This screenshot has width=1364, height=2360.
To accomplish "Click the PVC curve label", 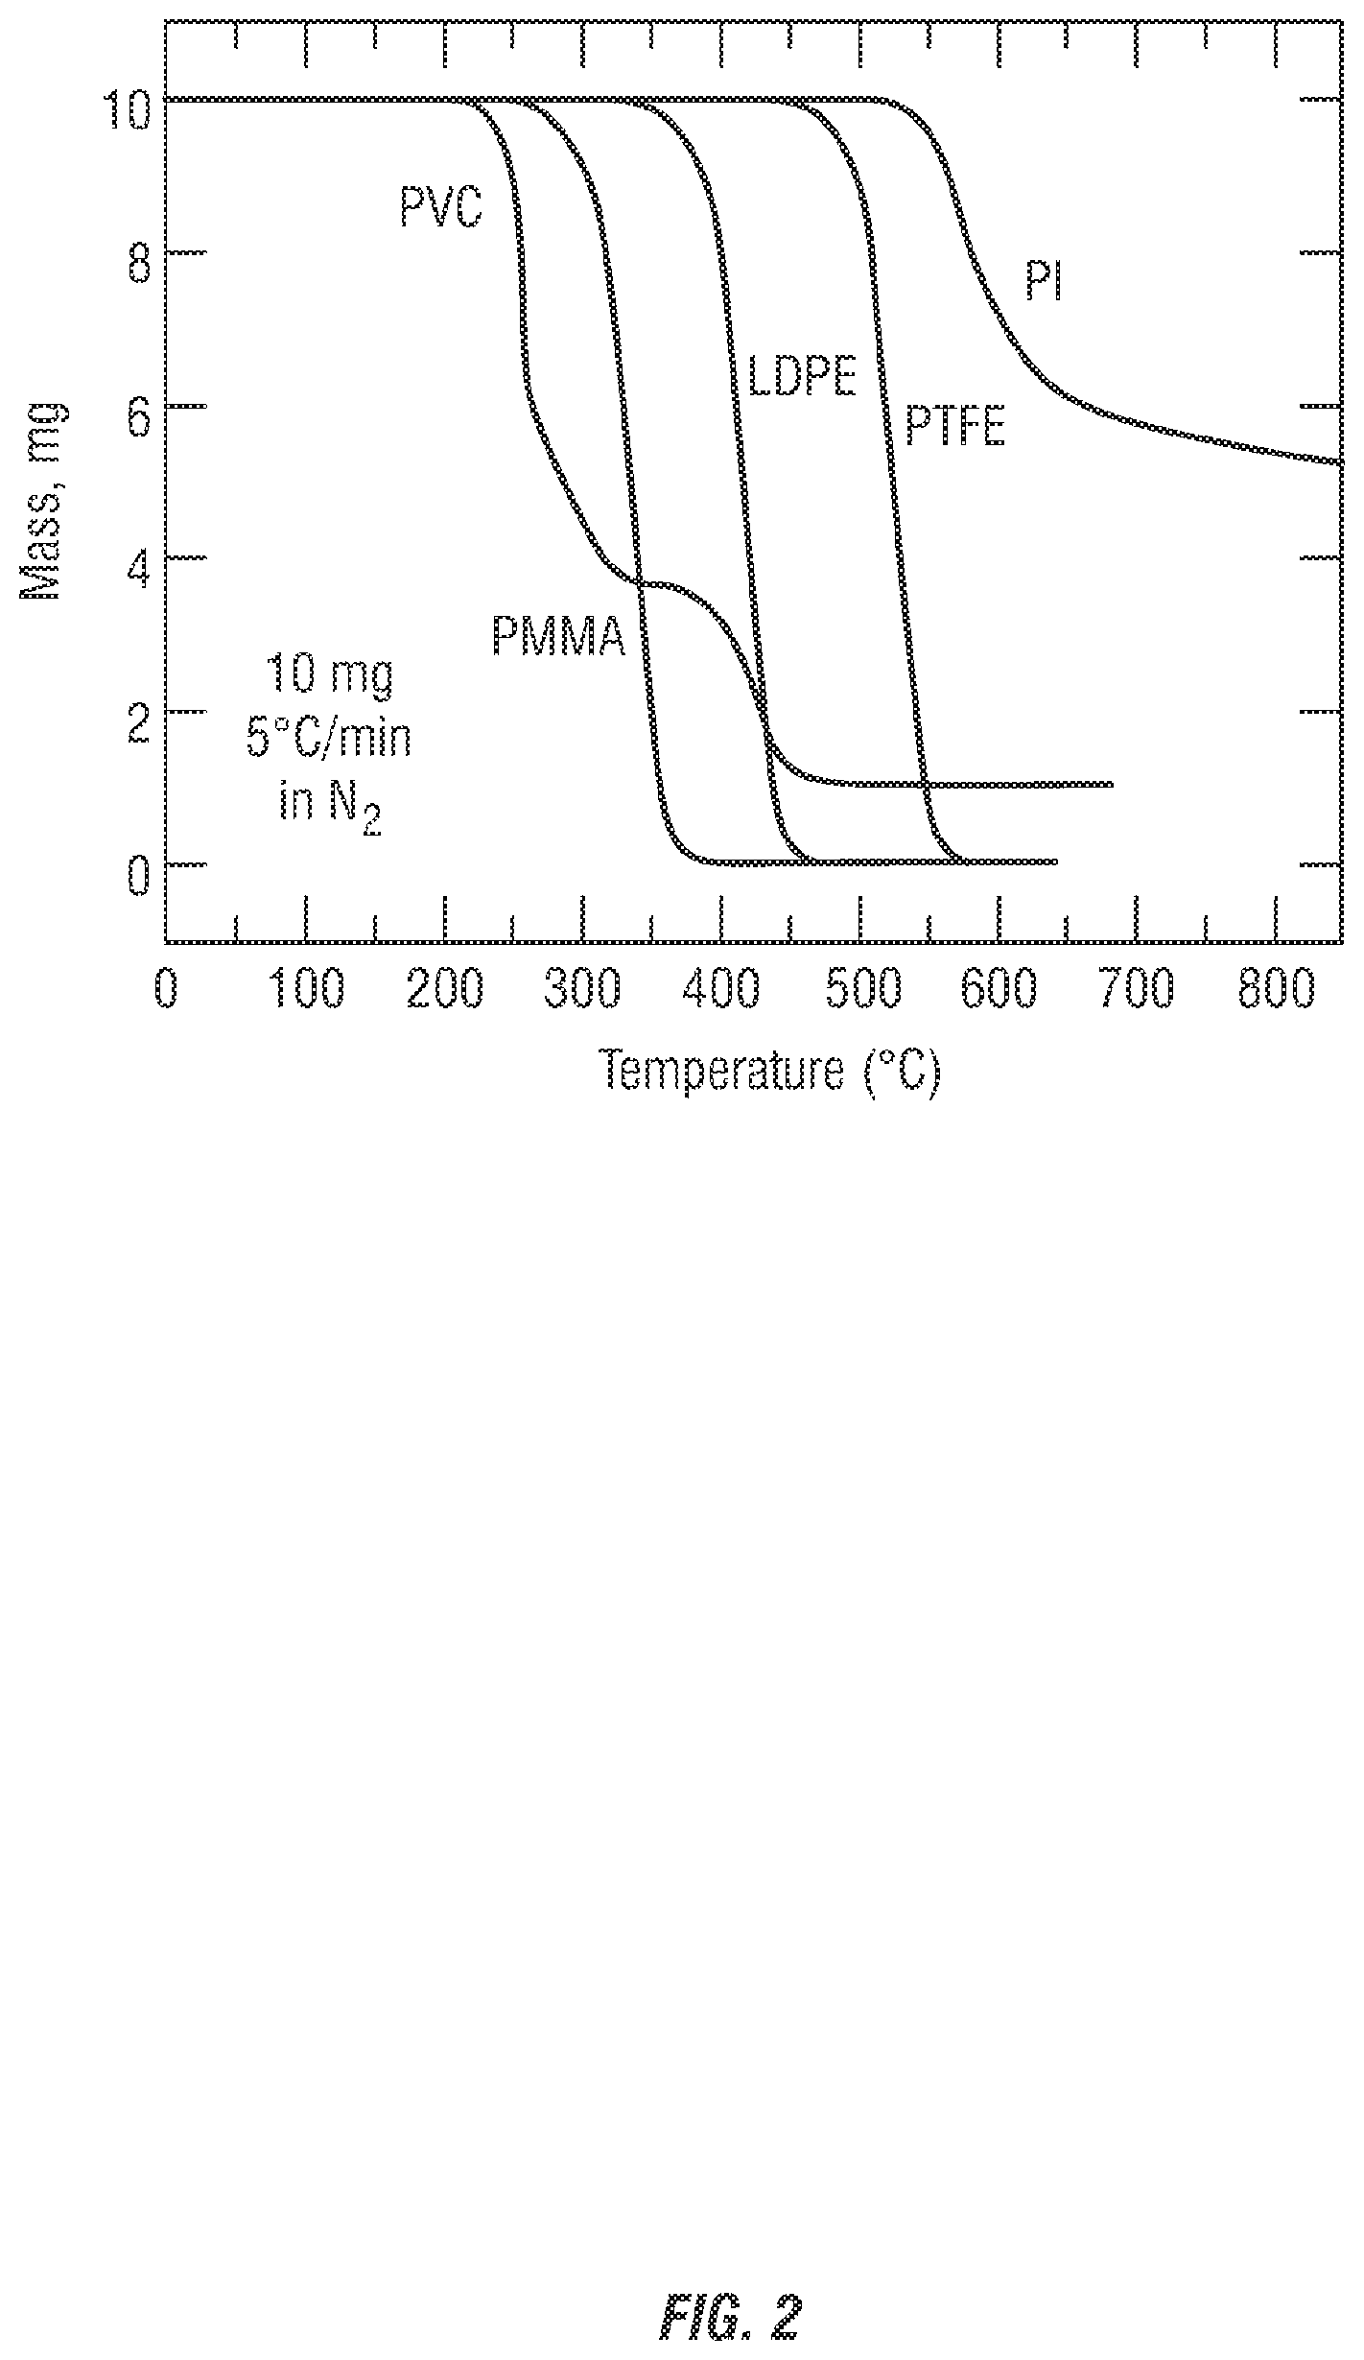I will pyautogui.click(x=440, y=206).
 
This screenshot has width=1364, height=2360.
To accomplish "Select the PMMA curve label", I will pyautogui.click(x=558, y=636).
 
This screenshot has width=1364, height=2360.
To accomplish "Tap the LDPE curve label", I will pyautogui.click(x=801, y=376).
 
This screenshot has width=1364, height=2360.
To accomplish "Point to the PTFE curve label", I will pyautogui.click(x=955, y=427).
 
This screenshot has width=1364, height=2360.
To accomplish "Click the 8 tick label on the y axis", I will pyautogui.click(x=138, y=262).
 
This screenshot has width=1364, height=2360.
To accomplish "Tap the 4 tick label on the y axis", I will pyautogui.click(x=138, y=570).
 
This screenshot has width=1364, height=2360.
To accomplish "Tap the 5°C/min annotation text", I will pyautogui.click(x=329, y=738).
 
